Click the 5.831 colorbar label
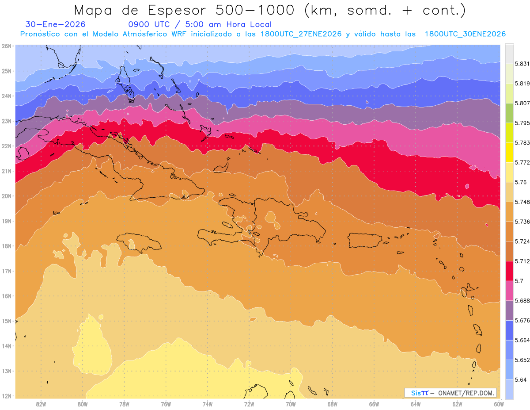point(519,64)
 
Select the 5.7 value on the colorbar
point(515,281)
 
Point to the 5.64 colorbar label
point(517,379)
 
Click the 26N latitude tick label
point(7,46)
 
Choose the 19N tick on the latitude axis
point(7,221)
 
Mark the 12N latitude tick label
point(7,396)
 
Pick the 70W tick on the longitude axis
point(291,404)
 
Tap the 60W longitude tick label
point(499,404)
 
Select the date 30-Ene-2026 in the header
point(56,25)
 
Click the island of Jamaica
point(140,243)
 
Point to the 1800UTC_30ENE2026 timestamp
point(465,34)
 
